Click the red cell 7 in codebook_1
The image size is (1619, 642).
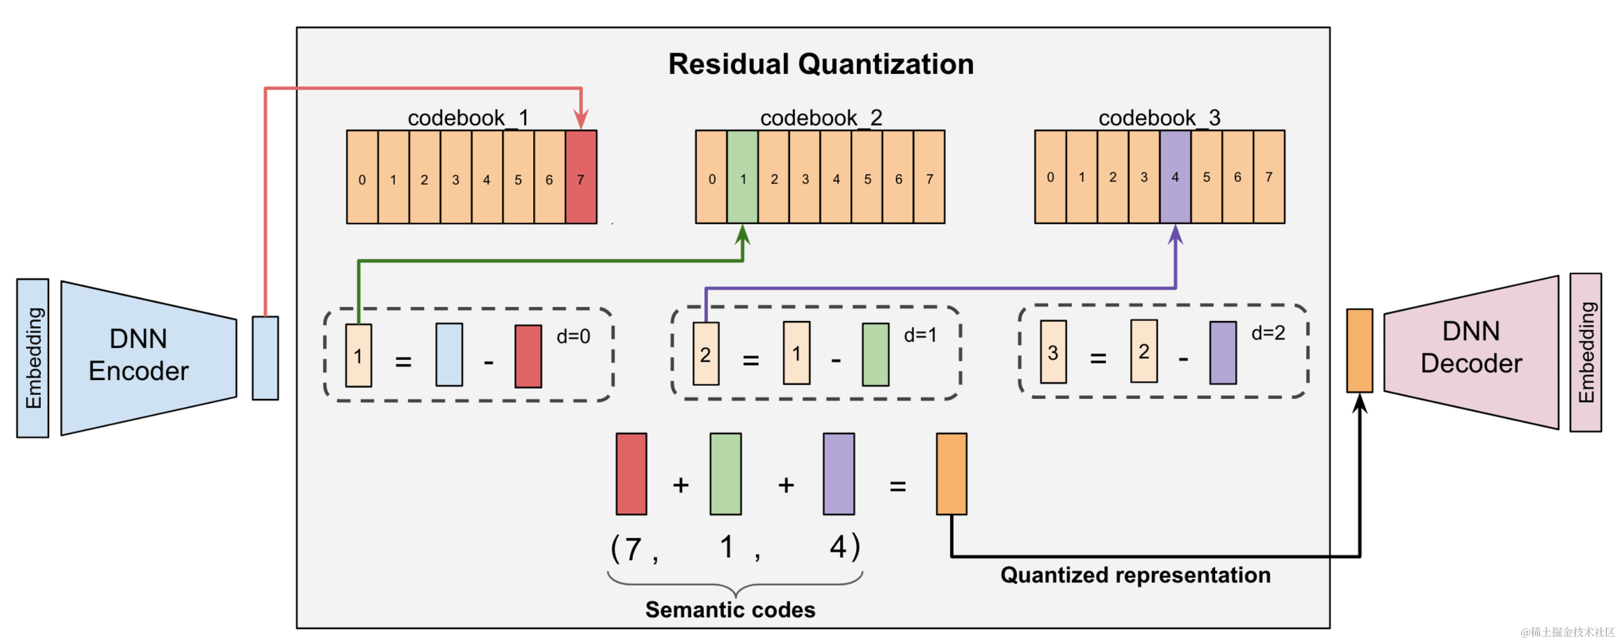click(581, 176)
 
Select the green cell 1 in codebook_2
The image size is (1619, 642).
click(742, 176)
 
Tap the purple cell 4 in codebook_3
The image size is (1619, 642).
click(1176, 176)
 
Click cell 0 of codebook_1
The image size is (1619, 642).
click(362, 176)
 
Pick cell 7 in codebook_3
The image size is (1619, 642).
click(1269, 176)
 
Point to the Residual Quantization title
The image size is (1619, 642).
click(821, 64)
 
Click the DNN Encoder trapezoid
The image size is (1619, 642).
click(149, 358)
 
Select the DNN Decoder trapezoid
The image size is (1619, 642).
click(1471, 352)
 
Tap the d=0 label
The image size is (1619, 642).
click(573, 337)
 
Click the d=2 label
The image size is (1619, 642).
click(1268, 333)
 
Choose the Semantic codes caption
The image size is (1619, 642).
click(730, 610)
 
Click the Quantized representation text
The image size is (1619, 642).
click(1135, 575)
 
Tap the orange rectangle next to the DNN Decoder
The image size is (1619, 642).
click(1359, 351)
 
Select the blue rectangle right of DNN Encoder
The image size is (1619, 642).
click(265, 358)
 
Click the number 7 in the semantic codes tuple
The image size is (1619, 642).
click(633, 549)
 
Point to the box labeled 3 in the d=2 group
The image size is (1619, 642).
click(1053, 352)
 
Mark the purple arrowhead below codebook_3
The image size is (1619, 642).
click(1176, 235)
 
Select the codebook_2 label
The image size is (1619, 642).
click(821, 117)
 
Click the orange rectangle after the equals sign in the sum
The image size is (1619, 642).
click(952, 474)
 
